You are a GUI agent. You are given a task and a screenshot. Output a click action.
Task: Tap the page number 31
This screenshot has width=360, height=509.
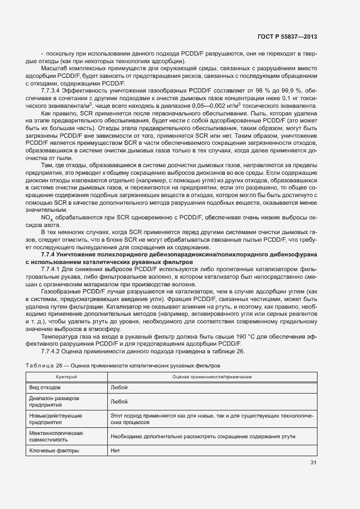point(313,463)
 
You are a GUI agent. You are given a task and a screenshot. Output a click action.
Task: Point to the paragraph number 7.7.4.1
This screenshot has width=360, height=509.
point(53,269)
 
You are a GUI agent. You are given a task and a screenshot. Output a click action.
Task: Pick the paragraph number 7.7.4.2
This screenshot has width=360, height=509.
point(53,351)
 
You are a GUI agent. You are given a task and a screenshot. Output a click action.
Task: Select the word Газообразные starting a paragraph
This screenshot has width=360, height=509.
point(59,292)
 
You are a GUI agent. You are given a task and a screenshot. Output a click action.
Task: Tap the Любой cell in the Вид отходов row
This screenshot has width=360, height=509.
point(119,387)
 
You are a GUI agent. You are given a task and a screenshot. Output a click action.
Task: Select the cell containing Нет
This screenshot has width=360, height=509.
point(115,450)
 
